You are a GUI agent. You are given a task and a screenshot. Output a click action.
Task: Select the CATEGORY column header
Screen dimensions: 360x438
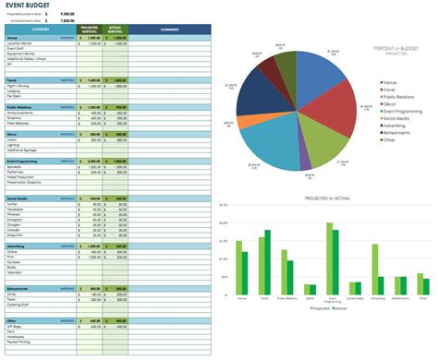[40, 30]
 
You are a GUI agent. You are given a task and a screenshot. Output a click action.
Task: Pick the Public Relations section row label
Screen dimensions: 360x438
[21, 107]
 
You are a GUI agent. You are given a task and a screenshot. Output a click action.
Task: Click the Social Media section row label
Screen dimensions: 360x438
[18, 198]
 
